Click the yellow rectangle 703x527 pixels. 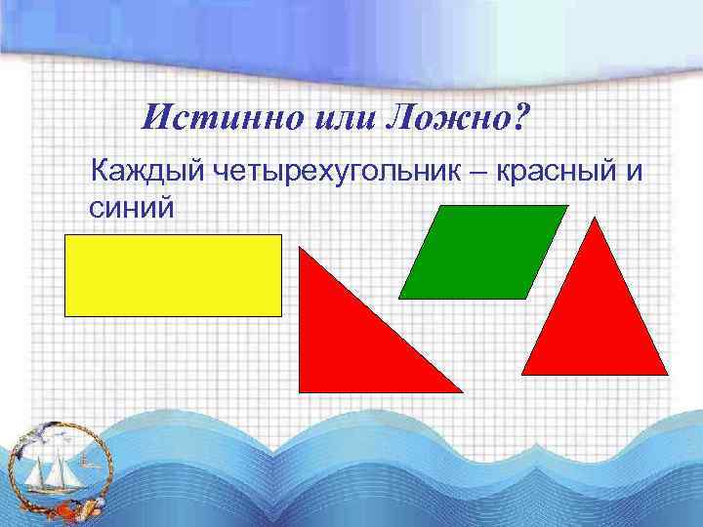[173, 275]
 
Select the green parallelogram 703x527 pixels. [483, 251]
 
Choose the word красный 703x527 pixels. [556, 174]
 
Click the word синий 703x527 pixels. [132, 208]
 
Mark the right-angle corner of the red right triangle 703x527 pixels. [300, 390]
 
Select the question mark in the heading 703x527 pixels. [519, 119]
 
